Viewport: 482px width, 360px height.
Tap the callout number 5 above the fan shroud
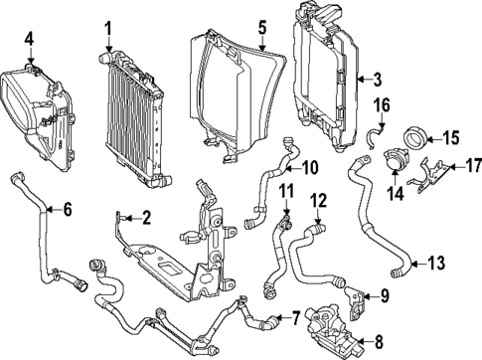pyautogui.click(x=262, y=28)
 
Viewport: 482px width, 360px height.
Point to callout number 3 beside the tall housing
pyautogui.click(x=376, y=79)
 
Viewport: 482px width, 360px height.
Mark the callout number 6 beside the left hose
pyautogui.click(x=67, y=209)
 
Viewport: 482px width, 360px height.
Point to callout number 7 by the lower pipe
pyautogui.click(x=294, y=317)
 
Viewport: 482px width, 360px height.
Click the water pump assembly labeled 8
pyautogui.click(x=333, y=327)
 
